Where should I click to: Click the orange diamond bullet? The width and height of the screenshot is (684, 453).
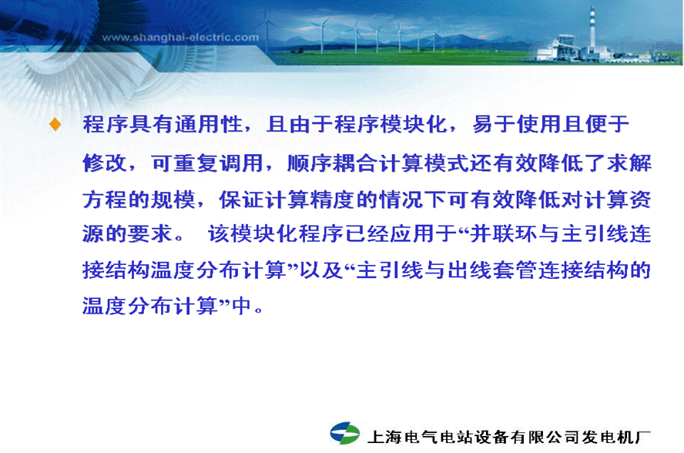55,124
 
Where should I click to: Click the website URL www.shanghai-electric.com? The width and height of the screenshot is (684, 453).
180,38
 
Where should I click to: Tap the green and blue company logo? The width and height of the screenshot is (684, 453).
344,434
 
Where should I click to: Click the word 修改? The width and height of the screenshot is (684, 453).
105,163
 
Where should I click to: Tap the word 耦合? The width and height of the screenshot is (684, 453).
354,163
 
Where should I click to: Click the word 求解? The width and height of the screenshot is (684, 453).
629,163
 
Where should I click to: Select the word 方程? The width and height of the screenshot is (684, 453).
105,200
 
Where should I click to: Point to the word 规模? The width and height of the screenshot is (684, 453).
173,200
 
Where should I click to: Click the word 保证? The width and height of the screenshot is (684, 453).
242,200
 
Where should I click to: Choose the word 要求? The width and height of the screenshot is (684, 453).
150,234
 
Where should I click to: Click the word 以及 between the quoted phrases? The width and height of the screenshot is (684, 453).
321,270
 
